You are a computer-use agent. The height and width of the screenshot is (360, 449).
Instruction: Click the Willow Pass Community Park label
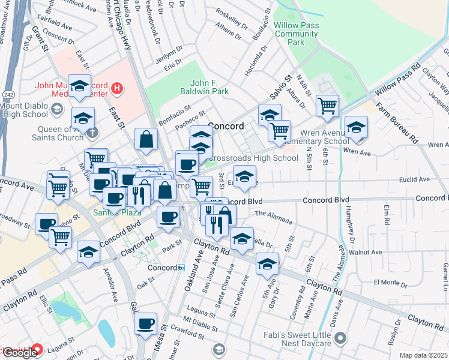coord(295,34)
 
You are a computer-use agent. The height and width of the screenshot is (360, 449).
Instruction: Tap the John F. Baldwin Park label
coord(201,87)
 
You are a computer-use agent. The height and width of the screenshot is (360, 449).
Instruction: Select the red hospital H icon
coord(117,90)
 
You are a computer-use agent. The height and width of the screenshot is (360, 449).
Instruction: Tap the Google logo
coord(19,352)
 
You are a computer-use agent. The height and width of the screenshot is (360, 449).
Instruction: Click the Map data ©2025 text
coord(423,355)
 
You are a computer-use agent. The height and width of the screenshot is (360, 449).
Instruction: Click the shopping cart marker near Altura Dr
coord(327,106)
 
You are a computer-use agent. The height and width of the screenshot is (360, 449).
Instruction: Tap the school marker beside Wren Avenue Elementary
coord(357,127)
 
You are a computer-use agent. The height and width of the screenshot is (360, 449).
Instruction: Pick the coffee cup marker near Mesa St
coord(145,325)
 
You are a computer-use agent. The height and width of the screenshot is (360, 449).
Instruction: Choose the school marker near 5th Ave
coord(268,263)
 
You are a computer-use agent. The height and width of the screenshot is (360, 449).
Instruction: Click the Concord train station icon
coord(181,268)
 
